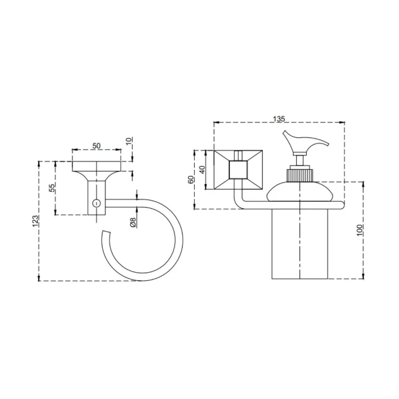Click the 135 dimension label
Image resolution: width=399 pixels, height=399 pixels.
[279, 119]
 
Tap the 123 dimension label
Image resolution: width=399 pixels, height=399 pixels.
[35, 221]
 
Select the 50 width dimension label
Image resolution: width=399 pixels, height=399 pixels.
[96, 146]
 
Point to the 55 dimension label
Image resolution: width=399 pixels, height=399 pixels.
[52, 188]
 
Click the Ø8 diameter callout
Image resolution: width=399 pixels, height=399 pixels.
[133, 222]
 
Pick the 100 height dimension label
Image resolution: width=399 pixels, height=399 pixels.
[359, 230]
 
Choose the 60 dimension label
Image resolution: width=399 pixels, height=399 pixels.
[191, 180]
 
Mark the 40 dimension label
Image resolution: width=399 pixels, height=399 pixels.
[202, 170]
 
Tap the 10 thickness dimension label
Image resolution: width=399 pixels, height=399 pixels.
[129, 141]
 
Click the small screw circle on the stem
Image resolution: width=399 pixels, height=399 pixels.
[96, 203]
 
